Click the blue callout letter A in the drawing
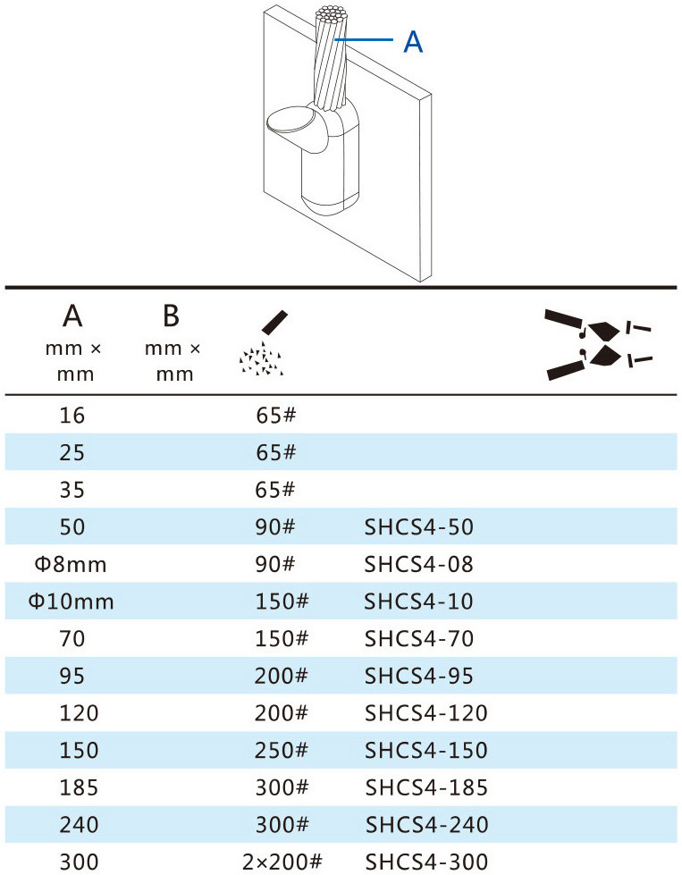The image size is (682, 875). tap(413, 42)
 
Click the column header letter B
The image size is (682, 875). tap(171, 316)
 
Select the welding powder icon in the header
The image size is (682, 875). tap(262, 342)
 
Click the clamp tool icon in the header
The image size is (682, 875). tap(598, 344)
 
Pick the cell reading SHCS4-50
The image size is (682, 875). tap(418, 526)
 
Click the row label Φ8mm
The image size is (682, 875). tap(71, 564)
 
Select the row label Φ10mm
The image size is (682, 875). tap(71, 602)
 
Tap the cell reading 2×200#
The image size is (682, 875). tap(282, 862)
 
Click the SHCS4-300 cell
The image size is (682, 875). tap(426, 862)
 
